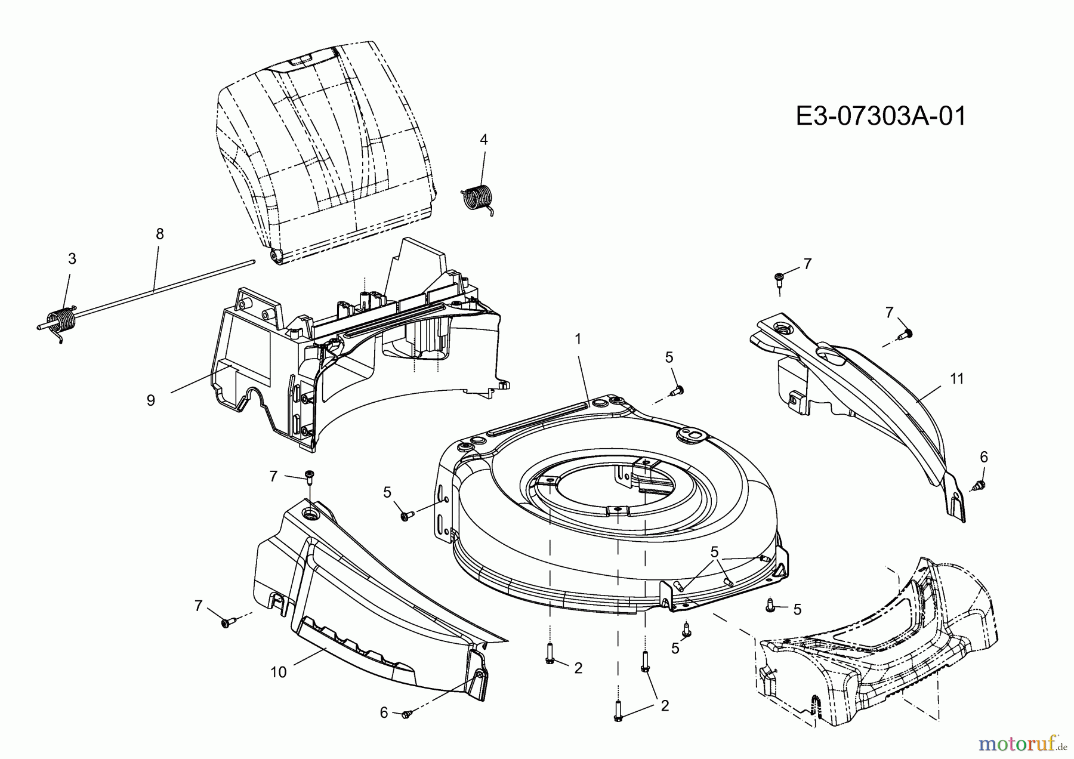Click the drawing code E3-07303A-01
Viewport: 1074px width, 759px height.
[881, 116]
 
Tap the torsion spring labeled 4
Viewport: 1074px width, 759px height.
[478, 198]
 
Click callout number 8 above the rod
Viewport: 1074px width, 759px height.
[159, 234]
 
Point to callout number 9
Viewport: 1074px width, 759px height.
[150, 400]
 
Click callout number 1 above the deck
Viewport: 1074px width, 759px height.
[578, 338]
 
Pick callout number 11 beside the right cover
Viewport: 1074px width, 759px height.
[957, 378]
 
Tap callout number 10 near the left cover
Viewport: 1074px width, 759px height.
[279, 672]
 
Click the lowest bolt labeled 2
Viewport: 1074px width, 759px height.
[618, 710]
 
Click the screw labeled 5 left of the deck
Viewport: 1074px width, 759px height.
[406, 514]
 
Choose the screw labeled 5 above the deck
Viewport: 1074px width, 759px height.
[677, 391]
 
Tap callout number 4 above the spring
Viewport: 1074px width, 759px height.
[484, 139]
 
